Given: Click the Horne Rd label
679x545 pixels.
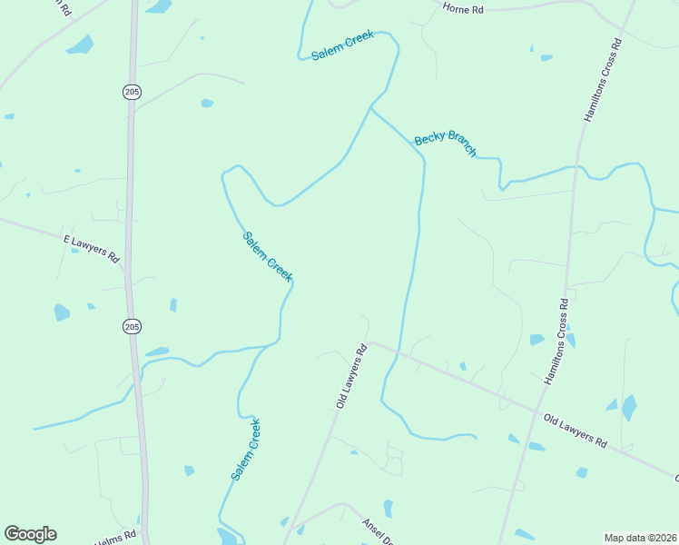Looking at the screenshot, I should (x=463, y=8).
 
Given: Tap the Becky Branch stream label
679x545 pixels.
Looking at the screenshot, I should (x=445, y=144).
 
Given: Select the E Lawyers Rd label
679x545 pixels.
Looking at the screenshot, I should (x=92, y=248).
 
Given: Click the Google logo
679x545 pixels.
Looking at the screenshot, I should (x=30, y=534).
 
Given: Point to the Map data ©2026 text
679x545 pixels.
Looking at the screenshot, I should (x=640, y=538).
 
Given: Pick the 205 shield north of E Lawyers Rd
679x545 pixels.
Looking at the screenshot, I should (x=133, y=91).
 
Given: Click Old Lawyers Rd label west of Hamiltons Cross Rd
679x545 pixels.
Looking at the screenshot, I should (x=350, y=374).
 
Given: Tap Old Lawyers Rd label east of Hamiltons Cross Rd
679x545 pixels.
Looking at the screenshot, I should (x=576, y=430).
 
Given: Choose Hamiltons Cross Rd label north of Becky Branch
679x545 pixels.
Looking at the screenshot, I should (x=603, y=81).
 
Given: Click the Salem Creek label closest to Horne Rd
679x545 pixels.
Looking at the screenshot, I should (x=342, y=45).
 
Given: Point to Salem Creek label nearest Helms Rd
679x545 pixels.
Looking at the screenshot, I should (x=245, y=450).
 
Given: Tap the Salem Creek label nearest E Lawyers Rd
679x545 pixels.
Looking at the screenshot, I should (x=267, y=256).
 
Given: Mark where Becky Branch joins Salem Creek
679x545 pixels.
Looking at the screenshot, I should (x=370, y=107).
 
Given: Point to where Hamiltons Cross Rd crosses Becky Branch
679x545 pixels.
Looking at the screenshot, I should (x=575, y=166).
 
